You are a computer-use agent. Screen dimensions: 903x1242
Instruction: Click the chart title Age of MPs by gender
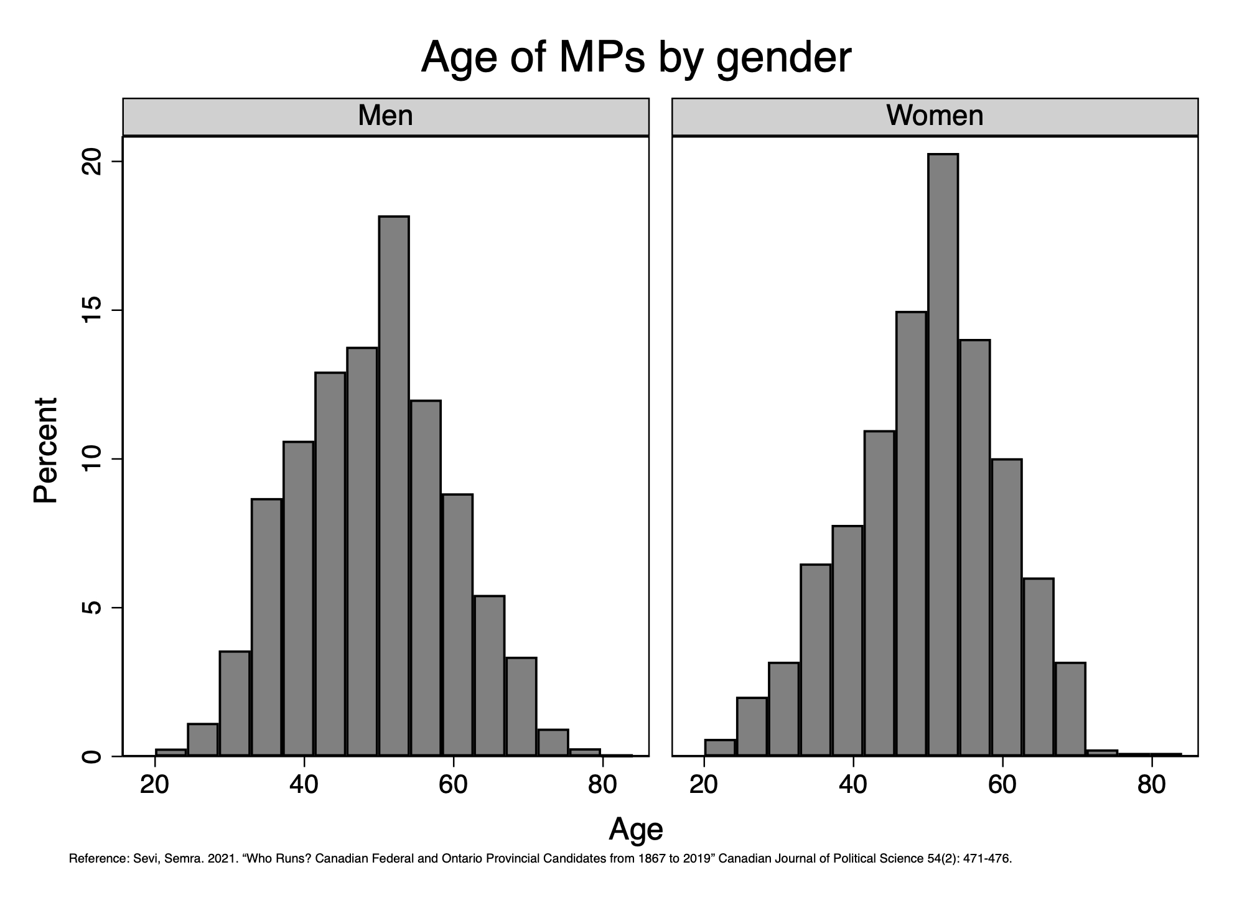click(x=635, y=58)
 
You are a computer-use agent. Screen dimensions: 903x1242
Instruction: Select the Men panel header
click(x=385, y=116)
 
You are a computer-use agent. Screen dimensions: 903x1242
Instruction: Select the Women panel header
click(x=935, y=116)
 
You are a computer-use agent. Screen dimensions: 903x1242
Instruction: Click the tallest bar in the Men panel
click(x=394, y=485)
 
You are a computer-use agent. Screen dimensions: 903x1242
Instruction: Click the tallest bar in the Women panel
click(x=943, y=454)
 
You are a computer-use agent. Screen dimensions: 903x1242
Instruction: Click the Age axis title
click(x=635, y=829)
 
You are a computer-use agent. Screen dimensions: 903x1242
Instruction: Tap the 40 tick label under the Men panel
click(x=304, y=785)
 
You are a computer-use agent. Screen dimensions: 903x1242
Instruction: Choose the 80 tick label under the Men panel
click(x=602, y=785)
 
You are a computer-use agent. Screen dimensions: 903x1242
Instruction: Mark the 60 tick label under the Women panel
click(x=1002, y=785)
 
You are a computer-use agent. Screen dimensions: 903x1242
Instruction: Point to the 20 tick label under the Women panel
click(x=704, y=785)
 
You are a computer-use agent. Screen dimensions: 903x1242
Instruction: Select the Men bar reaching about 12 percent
click(x=426, y=578)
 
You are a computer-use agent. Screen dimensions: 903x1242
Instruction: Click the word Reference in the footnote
click(x=98, y=859)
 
